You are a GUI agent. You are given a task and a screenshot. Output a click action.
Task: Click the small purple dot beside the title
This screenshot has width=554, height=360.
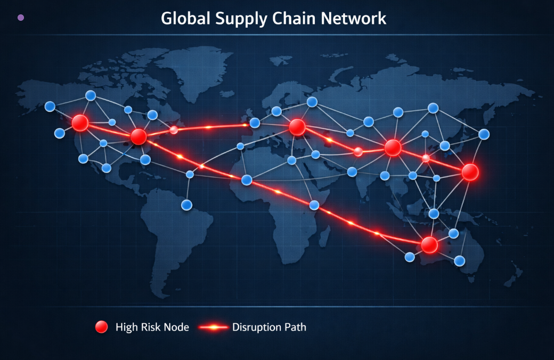(x=21, y=18)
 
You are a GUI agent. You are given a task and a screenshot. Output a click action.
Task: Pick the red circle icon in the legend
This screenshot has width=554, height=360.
(x=101, y=327)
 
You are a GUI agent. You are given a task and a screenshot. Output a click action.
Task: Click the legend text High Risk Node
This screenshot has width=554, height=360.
(x=152, y=327)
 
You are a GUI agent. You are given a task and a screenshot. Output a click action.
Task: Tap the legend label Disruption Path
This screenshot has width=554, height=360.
(x=269, y=327)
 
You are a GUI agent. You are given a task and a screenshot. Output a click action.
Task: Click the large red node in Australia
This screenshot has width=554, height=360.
(x=429, y=245)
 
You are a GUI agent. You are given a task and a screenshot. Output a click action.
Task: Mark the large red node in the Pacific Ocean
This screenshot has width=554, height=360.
(x=470, y=172)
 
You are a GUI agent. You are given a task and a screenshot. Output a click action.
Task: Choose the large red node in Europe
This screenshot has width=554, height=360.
(x=297, y=127)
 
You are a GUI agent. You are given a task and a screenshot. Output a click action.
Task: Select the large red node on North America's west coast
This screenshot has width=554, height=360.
(x=80, y=123)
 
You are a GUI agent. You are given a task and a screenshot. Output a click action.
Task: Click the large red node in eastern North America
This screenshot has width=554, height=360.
(x=138, y=137)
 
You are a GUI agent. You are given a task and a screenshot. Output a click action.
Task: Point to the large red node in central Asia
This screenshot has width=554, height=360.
(x=393, y=148)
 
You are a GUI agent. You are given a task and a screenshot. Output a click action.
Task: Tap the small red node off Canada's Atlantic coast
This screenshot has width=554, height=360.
(x=174, y=130)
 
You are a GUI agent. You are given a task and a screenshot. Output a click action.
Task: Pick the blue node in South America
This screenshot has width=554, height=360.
(x=186, y=204)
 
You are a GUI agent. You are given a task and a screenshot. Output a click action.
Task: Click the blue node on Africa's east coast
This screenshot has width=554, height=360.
(x=314, y=204)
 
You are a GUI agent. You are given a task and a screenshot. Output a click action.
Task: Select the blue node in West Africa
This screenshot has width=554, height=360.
(x=247, y=180)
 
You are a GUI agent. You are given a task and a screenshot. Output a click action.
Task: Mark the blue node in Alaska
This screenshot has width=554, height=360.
(x=50, y=107)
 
